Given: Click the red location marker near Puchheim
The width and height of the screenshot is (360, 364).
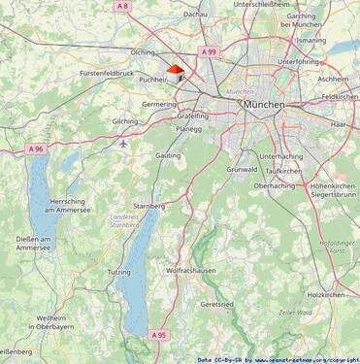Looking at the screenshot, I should click(x=175, y=70).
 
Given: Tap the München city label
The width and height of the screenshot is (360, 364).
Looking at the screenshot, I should click(x=264, y=104).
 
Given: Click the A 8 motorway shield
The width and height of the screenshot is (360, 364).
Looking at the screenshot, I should click(x=121, y=7).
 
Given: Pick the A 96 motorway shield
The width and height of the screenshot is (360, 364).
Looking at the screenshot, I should click(x=35, y=149).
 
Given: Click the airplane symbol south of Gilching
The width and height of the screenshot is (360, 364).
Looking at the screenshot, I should click(x=123, y=143).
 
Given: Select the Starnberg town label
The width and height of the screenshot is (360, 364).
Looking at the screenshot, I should click(x=148, y=206).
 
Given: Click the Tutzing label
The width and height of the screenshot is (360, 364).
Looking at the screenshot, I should click(x=118, y=272).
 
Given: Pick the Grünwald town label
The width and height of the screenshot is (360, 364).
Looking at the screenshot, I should click(x=242, y=169).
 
